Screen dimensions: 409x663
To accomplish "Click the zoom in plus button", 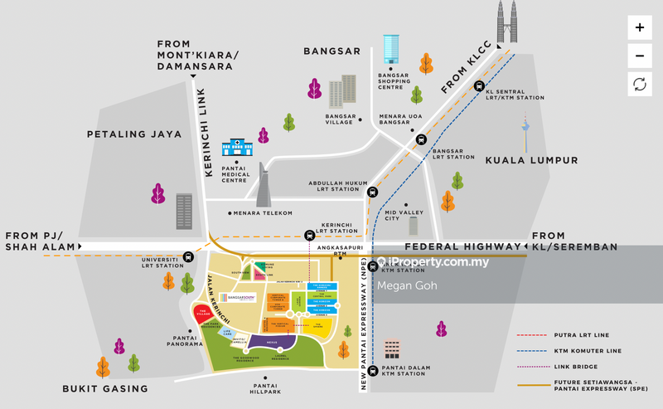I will pyautogui.click(x=639, y=27).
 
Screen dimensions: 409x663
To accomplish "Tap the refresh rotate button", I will pyautogui.click(x=639, y=83).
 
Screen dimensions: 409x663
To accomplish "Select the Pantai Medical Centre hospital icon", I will pyautogui.click(x=236, y=149).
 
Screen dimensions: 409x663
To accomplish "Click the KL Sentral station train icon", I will pyautogui.click(x=478, y=86).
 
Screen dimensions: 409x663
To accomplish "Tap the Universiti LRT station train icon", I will pyautogui.click(x=189, y=257).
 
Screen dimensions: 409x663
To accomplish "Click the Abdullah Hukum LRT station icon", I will pyautogui.click(x=372, y=192).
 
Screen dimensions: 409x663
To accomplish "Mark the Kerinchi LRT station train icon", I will pyautogui.click(x=310, y=236).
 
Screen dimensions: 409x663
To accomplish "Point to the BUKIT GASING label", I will pyautogui.click(x=106, y=388).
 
